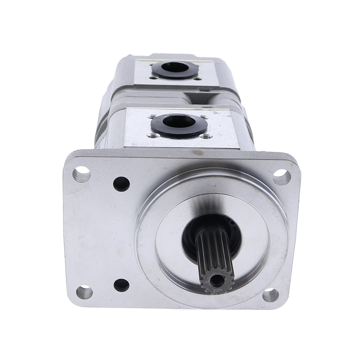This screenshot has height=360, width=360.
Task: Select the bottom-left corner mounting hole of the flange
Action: [x=84, y=292]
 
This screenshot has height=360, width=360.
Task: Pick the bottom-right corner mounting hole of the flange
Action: [x=270, y=295]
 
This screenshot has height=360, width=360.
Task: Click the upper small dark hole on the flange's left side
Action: [x=121, y=184]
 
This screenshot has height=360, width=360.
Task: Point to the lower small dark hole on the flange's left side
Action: [x=121, y=285]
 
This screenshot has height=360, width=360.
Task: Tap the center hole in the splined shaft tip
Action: [x=217, y=280]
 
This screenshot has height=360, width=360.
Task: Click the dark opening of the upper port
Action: [x=174, y=68]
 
